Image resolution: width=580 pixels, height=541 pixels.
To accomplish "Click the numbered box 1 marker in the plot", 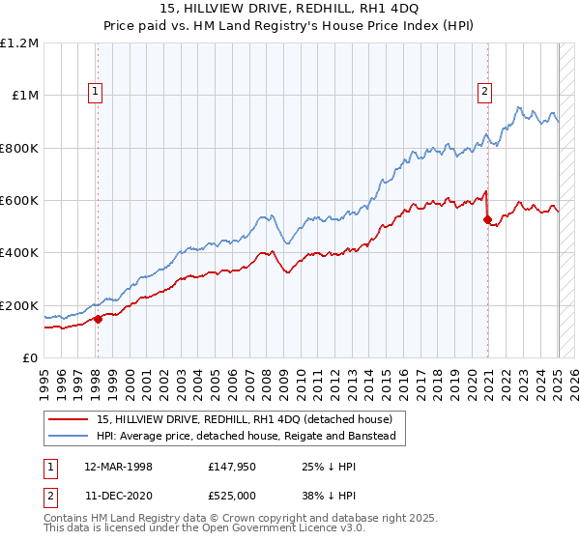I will click(97, 93).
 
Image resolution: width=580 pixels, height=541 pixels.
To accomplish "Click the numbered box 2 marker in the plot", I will click(485, 93).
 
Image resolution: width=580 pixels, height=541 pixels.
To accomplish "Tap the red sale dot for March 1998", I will click(98, 320).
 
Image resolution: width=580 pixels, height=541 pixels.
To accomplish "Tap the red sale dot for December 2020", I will click(487, 220).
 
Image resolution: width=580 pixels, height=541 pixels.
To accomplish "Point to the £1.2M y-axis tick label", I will click(19, 43).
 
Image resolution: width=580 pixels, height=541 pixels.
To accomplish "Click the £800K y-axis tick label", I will click(18, 149).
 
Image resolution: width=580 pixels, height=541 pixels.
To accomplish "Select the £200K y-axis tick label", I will click(18, 305).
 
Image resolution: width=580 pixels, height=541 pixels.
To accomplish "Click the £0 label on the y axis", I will click(29, 358).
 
